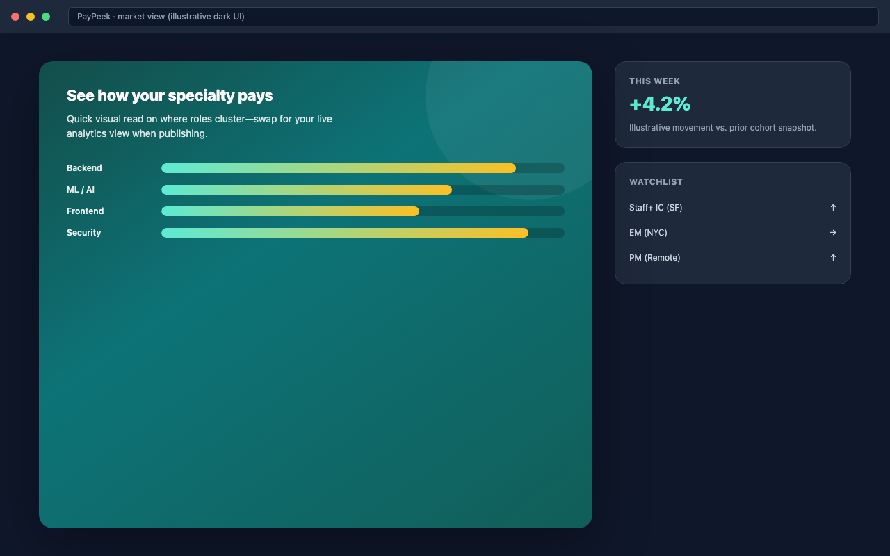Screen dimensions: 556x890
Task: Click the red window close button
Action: pyautogui.click(x=15, y=17)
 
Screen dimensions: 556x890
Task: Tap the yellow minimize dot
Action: pyautogui.click(x=31, y=17)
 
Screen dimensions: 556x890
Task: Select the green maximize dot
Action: pyautogui.click(x=46, y=17)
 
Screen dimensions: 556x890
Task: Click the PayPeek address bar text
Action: pyautogui.click(x=161, y=17)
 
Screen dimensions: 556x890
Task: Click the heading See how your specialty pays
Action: pyautogui.click(x=170, y=96)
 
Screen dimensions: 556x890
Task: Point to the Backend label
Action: pyautogui.click(x=84, y=168)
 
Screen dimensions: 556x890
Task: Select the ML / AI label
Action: pyautogui.click(x=81, y=190)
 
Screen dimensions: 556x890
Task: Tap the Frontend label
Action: pyautogui.click(x=86, y=211)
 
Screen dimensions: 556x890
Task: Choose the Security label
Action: pyautogui.click(x=84, y=233)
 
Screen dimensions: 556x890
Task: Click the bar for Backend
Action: pyautogui.click(x=339, y=168)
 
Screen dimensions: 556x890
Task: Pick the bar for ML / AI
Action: pyautogui.click(x=307, y=190)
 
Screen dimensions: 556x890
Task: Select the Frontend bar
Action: pyautogui.click(x=291, y=211)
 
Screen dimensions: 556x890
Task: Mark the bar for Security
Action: pyautogui.click(x=345, y=233)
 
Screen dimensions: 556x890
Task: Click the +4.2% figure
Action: pyautogui.click(x=660, y=104)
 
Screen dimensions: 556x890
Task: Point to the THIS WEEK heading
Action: pyautogui.click(x=654, y=81)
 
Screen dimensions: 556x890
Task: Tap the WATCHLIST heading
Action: pyautogui.click(x=656, y=182)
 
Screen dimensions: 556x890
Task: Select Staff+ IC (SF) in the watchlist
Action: pyautogui.click(x=656, y=208)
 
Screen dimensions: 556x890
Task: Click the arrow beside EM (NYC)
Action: pyautogui.click(x=833, y=233)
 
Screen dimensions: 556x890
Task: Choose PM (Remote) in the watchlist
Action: pyautogui.click(x=655, y=258)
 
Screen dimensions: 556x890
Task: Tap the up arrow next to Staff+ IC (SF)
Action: pyautogui.click(x=833, y=208)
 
